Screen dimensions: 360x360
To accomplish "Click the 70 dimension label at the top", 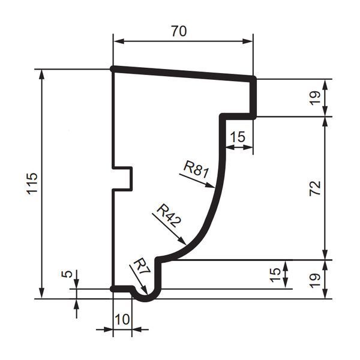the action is pos(179,31).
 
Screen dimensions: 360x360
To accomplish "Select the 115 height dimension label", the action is pos(32,184).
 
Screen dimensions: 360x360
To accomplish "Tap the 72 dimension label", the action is pos(315,188).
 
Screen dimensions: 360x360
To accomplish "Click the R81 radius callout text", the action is pos(196,169).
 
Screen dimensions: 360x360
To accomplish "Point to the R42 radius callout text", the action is pos(169,216).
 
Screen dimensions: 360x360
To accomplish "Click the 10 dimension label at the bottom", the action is pos(122,319).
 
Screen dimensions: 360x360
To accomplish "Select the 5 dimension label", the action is pos(67,274).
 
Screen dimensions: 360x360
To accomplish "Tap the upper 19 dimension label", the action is pos(315,98).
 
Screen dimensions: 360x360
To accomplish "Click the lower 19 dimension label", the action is pos(315,280).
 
